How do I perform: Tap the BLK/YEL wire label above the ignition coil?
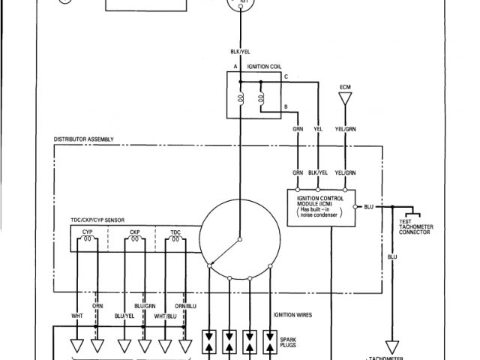241,51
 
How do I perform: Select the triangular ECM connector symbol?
345,97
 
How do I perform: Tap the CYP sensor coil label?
88,232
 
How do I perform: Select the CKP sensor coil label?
135,232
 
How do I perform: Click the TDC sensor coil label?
175,232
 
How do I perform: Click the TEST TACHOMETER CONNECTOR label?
414,227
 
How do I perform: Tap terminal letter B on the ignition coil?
285,108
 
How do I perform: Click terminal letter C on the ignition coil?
285,77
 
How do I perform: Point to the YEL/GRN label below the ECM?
345,127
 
